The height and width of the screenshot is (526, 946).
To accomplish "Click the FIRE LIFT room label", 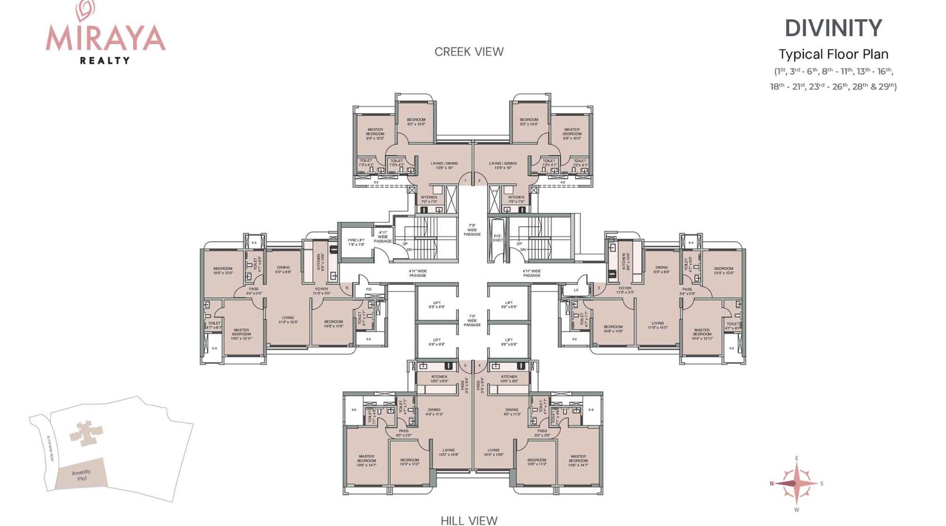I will (x=356, y=243).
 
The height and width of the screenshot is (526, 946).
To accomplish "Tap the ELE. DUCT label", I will (x=498, y=238).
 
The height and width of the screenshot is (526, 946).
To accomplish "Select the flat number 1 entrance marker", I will (x=465, y=180).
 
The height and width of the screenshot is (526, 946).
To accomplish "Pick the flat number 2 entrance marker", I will (x=479, y=180).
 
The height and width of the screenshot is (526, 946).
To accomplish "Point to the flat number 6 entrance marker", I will (x=347, y=288).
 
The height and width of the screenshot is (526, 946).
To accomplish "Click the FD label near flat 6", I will (x=368, y=289).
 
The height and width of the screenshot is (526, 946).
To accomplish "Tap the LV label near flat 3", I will (x=576, y=290).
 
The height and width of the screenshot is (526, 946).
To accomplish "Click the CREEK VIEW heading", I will (x=469, y=52).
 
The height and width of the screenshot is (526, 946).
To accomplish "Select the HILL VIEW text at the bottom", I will (x=469, y=520).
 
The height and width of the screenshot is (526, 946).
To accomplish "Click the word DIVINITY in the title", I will (x=833, y=28).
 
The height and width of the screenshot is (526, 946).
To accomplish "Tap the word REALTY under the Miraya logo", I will (x=105, y=60).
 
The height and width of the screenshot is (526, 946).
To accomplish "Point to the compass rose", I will (x=796, y=483).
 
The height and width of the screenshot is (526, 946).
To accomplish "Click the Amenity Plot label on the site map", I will (x=81, y=475).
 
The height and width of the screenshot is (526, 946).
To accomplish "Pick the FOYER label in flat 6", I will (x=321, y=291).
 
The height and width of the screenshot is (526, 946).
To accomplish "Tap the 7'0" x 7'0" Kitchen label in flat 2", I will (x=516, y=199).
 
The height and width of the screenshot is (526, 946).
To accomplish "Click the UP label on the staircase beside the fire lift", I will (x=405, y=244).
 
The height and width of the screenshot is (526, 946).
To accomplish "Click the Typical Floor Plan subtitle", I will (x=833, y=54).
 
